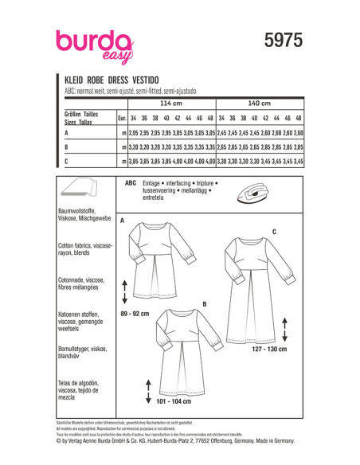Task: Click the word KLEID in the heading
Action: tap(76, 80)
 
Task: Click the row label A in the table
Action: tap(67, 133)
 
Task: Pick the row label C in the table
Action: tap(67, 162)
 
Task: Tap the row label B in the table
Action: tap(67, 147)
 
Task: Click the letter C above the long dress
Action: tap(273, 231)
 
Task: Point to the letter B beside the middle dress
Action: tap(205, 304)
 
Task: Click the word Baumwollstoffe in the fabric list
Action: tap(76, 209)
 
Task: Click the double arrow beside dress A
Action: tap(125, 291)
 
